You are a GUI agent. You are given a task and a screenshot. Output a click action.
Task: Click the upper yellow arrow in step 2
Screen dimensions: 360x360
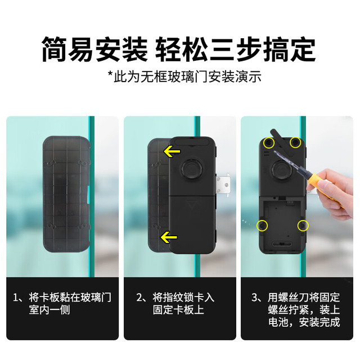coord(172,151)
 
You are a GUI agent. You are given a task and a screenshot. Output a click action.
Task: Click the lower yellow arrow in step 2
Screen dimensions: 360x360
coord(169,237)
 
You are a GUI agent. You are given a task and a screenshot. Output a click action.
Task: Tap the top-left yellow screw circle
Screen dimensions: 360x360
coord(269,143)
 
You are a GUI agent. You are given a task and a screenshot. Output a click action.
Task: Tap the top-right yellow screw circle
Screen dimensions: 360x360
coord(295,142)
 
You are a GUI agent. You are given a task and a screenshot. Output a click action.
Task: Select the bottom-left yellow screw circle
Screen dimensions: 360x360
coord(262,226)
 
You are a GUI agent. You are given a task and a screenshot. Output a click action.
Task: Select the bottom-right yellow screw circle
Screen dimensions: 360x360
coord(303,226)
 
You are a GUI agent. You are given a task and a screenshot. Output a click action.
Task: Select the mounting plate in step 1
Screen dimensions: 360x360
coord(66,194)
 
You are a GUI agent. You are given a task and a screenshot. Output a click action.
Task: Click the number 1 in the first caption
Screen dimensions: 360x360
coord(16,298)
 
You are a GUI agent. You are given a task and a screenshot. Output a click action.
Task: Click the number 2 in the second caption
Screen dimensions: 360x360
coord(139,298)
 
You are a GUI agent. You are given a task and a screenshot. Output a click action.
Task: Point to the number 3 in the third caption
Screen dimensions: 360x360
coord(255,298)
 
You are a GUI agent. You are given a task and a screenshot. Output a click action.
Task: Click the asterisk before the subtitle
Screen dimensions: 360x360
coord(111,74)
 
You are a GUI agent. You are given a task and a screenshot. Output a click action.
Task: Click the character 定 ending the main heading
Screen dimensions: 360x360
coord(303,49)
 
